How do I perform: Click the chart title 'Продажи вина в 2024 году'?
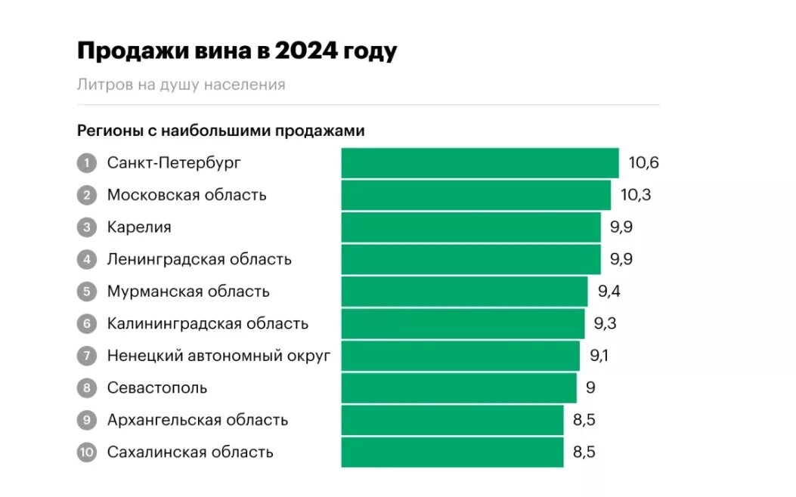point(237,51)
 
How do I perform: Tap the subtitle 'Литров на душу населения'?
point(181,85)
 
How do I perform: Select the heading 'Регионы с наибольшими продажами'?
point(221,131)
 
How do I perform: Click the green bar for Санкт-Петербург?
point(480,163)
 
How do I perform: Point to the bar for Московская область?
point(475,195)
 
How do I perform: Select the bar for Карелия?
point(471,227)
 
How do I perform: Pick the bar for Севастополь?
point(459,388)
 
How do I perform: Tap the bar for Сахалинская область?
point(452,452)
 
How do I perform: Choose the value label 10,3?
point(636,195)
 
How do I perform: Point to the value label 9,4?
point(609,292)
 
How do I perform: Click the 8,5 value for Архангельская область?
point(584,420)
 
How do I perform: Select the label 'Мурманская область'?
point(188,292)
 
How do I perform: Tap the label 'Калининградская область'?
point(208,324)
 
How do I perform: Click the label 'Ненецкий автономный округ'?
point(219,356)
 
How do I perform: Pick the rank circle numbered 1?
point(87,163)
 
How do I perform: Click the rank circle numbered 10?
point(87,452)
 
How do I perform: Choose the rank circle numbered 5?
point(87,292)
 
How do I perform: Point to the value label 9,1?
point(599,356)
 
